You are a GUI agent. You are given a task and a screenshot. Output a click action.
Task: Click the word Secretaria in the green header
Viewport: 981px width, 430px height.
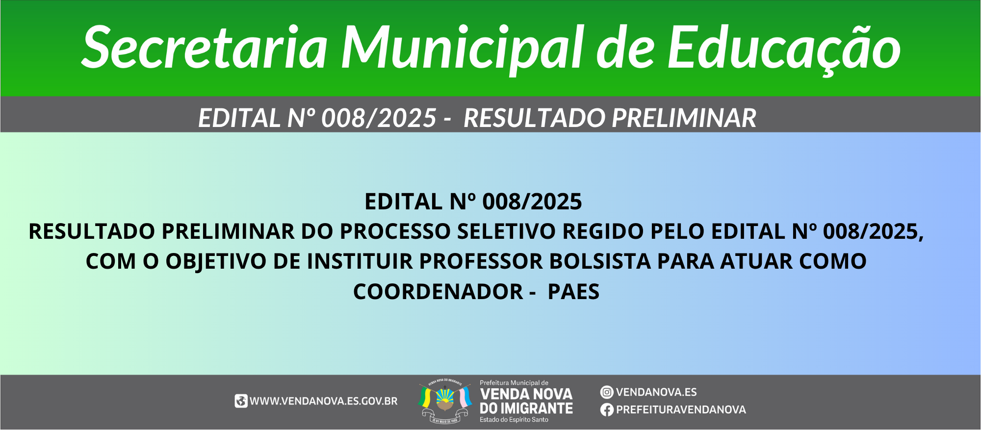click(205, 47)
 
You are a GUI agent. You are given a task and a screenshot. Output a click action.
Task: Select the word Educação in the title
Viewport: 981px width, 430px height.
click(784, 48)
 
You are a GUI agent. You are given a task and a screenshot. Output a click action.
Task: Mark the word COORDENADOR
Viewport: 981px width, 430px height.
click(438, 292)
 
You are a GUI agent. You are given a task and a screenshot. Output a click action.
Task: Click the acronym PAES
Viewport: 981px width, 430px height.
click(573, 292)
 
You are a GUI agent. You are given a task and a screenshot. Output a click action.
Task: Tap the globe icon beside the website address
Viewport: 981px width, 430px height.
click(241, 401)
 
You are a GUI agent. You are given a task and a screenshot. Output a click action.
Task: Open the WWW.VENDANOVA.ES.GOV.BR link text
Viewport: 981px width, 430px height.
click(324, 401)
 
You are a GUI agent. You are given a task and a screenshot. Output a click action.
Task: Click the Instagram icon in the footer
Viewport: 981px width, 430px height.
click(607, 392)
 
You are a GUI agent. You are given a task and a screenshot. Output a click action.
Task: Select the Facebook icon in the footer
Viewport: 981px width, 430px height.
click(607, 410)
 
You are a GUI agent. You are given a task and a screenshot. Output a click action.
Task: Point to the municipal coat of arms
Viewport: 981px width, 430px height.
click(445, 402)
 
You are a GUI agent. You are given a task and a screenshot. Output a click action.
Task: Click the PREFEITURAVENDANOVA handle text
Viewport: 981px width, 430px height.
click(681, 410)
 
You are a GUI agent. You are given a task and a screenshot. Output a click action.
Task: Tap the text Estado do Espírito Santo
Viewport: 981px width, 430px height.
click(514, 420)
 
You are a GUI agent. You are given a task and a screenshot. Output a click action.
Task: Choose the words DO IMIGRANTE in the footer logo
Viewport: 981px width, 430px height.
click(526, 408)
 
